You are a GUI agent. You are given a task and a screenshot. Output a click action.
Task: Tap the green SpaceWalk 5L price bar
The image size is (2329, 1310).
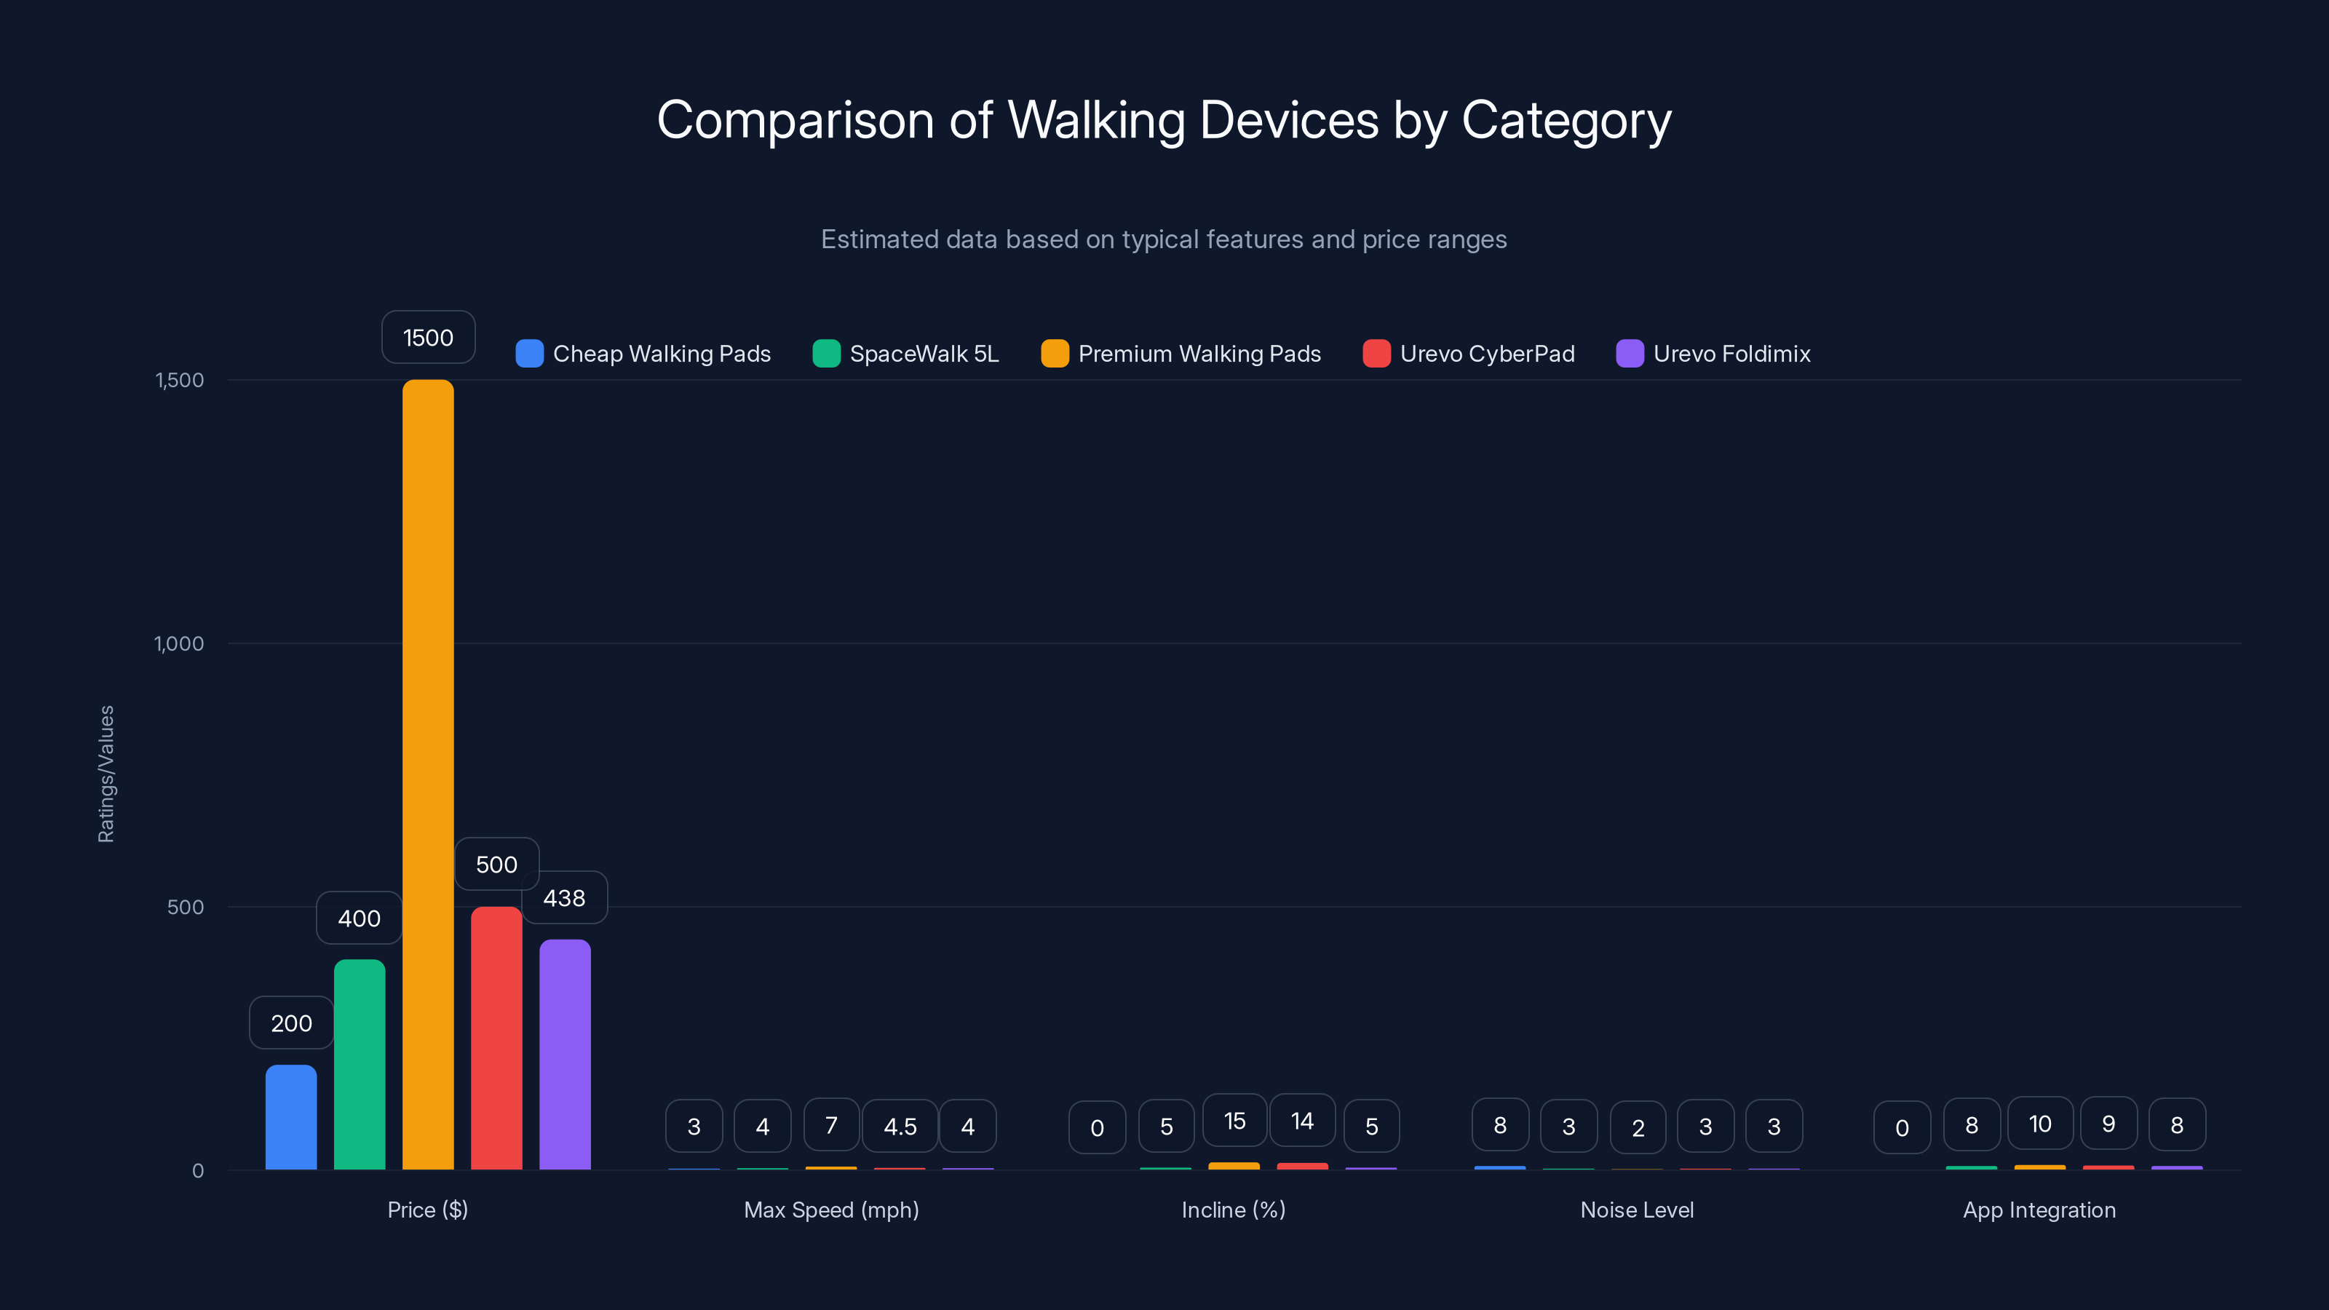click(x=359, y=1064)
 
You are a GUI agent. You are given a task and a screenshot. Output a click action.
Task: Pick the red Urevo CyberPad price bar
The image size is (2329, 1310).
click(x=496, y=1038)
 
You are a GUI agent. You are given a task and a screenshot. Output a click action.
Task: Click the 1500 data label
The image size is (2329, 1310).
click(x=428, y=337)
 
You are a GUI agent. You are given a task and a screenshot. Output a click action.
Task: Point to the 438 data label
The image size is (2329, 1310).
click(x=564, y=898)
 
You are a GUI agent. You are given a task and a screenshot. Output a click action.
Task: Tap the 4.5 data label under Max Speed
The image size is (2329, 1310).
click(x=900, y=1127)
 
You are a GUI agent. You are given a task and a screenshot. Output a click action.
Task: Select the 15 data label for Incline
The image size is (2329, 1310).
click(x=1234, y=1121)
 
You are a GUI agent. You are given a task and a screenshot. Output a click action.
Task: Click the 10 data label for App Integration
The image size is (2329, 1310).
click(x=2039, y=1124)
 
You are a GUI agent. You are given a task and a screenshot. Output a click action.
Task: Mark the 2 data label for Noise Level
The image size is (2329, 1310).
click(x=1638, y=1127)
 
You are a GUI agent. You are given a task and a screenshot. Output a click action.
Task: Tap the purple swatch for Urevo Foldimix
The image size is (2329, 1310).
click(x=1630, y=354)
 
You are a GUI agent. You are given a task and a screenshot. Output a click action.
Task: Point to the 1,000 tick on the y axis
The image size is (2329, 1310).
click(x=179, y=643)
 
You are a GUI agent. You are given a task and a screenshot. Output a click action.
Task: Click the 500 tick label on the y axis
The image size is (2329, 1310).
click(x=186, y=907)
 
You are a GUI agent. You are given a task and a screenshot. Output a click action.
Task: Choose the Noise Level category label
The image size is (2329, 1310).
click(x=1636, y=1210)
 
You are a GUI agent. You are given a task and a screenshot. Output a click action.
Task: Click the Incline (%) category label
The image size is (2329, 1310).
click(x=1233, y=1210)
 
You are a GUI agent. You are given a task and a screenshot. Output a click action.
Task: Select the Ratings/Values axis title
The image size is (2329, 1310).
click(x=106, y=774)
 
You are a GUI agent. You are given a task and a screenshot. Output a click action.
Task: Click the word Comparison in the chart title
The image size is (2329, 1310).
click(x=795, y=120)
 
